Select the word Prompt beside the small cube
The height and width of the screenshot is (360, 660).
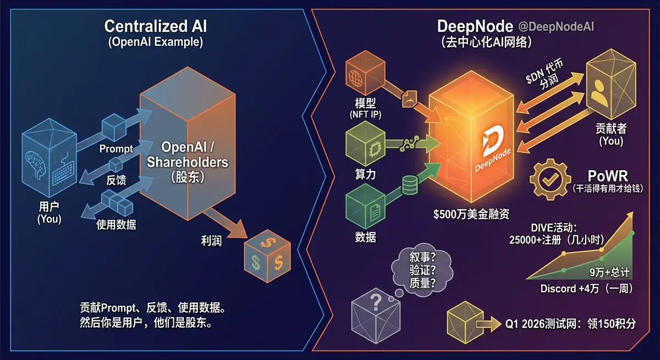pyautogui.click(x=116, y=149)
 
